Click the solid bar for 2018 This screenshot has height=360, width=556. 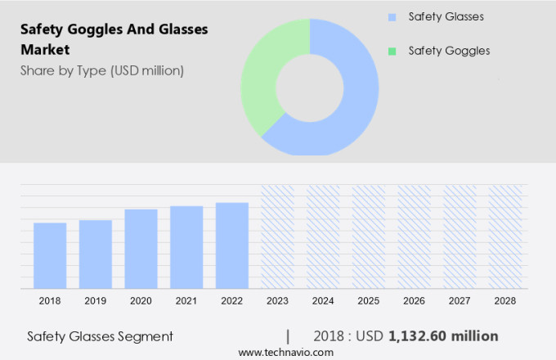point(50,255)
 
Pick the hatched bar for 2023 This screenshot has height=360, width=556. point(277,236)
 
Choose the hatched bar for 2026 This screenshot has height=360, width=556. point(414,236)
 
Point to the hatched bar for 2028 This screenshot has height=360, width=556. point(504,236)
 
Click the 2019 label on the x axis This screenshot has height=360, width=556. point(96,301)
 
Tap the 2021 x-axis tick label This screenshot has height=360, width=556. point(186,301)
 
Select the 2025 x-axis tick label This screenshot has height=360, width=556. point(369,301)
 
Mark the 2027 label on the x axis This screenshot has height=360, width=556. point(460,301)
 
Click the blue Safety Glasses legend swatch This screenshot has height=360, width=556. point(392,16)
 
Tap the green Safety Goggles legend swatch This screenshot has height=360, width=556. point(392,51)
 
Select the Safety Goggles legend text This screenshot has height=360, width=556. point(449,51)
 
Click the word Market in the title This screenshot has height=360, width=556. point(47,49)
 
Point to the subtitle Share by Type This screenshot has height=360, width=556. point(101,70)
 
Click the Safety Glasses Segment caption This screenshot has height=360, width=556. point(100,336)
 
